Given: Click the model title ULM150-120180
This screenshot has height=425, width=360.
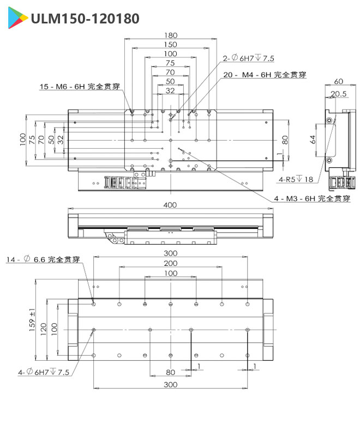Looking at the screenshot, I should point(85,19).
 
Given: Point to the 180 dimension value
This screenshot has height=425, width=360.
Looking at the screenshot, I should point(170,36).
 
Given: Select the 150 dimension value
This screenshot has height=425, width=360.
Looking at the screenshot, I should point(170,45).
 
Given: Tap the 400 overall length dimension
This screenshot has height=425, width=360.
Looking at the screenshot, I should point(170,205).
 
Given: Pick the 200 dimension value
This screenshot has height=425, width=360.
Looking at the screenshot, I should point(170,264).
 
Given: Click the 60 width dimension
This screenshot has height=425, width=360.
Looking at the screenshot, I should point(338,81).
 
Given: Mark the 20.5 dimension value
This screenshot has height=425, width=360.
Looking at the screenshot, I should point(339,94).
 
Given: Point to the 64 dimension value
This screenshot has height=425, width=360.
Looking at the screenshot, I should point(313,139).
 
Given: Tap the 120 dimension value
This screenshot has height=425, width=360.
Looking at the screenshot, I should point(43,327).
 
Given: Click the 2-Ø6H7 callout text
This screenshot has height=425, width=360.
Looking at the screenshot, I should point(248,58).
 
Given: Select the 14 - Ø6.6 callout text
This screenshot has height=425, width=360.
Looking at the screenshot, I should point(43,260).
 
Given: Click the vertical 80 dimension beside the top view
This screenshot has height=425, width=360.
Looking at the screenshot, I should point(284,139).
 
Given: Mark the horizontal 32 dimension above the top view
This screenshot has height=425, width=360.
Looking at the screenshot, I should point(170,90).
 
